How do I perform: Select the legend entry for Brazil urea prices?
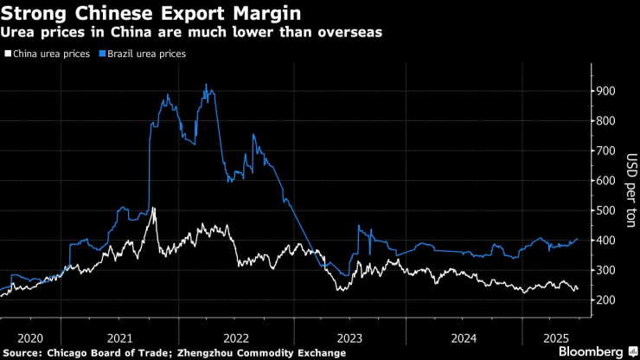[144, 54]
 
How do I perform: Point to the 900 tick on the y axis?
[604, 91]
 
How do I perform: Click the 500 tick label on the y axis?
[604, 210]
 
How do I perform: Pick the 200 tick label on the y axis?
[604, 300]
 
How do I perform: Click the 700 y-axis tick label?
[604, 151]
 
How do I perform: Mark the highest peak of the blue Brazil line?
[205, 84]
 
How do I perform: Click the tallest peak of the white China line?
[153, 208]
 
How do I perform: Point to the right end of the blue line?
[578, 239]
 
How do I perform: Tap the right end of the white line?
[578, 290]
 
